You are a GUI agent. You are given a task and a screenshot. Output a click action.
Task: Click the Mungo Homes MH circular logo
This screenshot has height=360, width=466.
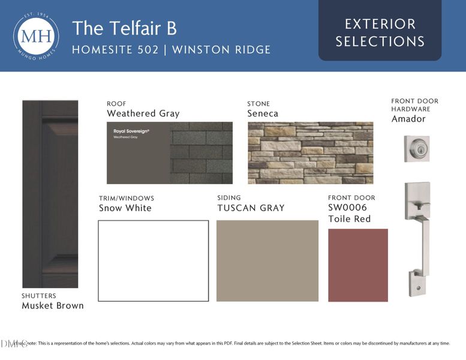(36, 36)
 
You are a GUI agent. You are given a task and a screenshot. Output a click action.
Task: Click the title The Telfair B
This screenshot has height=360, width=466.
(124, 28)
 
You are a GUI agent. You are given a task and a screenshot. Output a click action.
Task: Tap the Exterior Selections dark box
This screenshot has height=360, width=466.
(380, 32)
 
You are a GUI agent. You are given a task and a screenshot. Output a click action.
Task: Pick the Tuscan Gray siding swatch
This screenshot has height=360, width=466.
(267, 260)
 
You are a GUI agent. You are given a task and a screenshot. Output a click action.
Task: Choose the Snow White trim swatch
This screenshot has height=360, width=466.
(154, 260)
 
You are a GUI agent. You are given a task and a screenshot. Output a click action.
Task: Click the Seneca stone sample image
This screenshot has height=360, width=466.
(310, 152)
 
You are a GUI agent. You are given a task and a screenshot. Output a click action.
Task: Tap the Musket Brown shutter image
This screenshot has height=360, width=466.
(50, 193)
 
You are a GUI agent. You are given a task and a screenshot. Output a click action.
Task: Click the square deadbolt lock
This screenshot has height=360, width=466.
(417, 148)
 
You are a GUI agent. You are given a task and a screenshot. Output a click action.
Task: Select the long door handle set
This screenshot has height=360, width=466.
(417, 238)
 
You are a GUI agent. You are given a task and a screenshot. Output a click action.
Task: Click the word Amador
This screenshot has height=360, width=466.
(408, 119)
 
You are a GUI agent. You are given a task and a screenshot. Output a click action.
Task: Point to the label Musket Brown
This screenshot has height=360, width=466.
(53, 305)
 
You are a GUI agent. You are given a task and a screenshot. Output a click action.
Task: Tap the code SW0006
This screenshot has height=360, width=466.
(347, 208)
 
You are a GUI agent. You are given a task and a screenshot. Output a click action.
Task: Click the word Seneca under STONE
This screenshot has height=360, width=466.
(263, 113)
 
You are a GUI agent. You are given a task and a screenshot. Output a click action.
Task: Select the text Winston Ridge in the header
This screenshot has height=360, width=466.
(221, 49)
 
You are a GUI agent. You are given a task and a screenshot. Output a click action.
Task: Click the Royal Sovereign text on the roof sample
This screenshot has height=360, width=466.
(131, 130)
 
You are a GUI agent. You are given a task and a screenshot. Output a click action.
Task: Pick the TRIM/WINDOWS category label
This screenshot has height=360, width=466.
(126, 198)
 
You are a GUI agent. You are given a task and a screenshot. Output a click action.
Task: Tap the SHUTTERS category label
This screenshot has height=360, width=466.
(38, 295)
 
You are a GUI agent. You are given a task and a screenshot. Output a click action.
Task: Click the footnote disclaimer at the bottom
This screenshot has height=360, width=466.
(240, 343)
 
